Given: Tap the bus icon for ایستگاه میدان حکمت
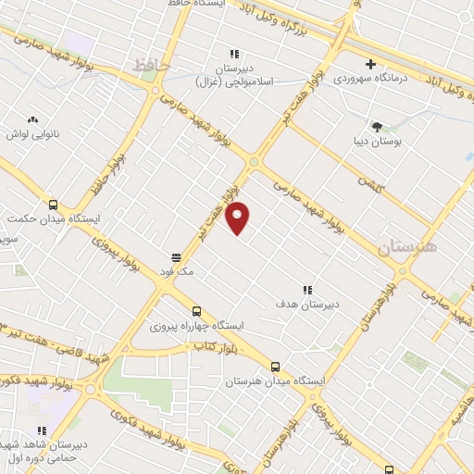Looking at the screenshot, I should pos(53,206).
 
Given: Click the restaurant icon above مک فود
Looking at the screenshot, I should pos(176,256).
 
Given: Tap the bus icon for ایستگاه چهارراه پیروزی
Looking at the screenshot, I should pos(195,312).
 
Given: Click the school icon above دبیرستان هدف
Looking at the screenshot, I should pos(307,290).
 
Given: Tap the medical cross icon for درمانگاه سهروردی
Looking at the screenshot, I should pos(370,65).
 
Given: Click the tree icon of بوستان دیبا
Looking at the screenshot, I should pos(376,126).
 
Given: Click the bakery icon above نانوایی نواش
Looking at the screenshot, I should pos(33,120).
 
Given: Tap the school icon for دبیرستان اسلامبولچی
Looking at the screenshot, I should pos(234,55).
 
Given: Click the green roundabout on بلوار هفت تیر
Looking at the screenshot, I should pos(254,163).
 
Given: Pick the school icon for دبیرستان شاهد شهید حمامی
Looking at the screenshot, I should pos(42,430).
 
